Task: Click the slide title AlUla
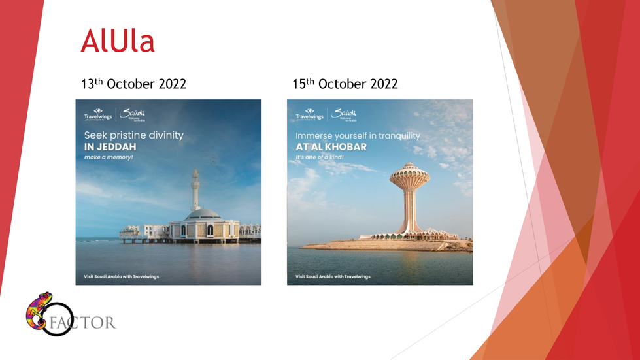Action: [x=118, y=41]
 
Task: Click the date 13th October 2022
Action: [x=133, y=84]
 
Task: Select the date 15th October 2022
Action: [x=345, y=84]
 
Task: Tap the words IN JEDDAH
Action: [x=110, y=147]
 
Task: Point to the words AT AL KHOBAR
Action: [x=331, y=147]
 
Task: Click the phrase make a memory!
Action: [x=109, y=157]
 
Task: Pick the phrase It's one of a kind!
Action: [x=320, y=157]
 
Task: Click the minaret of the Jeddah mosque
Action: [x=195, y=189]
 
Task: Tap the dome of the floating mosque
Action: [x=203, y=214]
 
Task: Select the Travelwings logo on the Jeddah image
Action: [x=98, y=115]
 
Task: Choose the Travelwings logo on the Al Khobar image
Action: [x=309, y=115]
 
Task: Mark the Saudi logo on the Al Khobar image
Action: [x=345, y=114]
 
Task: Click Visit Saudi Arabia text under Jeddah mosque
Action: [x=122, y=276]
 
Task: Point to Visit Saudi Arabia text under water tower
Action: [x=333, y=276]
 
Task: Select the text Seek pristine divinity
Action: [x=134, y=135]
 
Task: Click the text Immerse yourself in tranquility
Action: [x=358, y=135]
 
